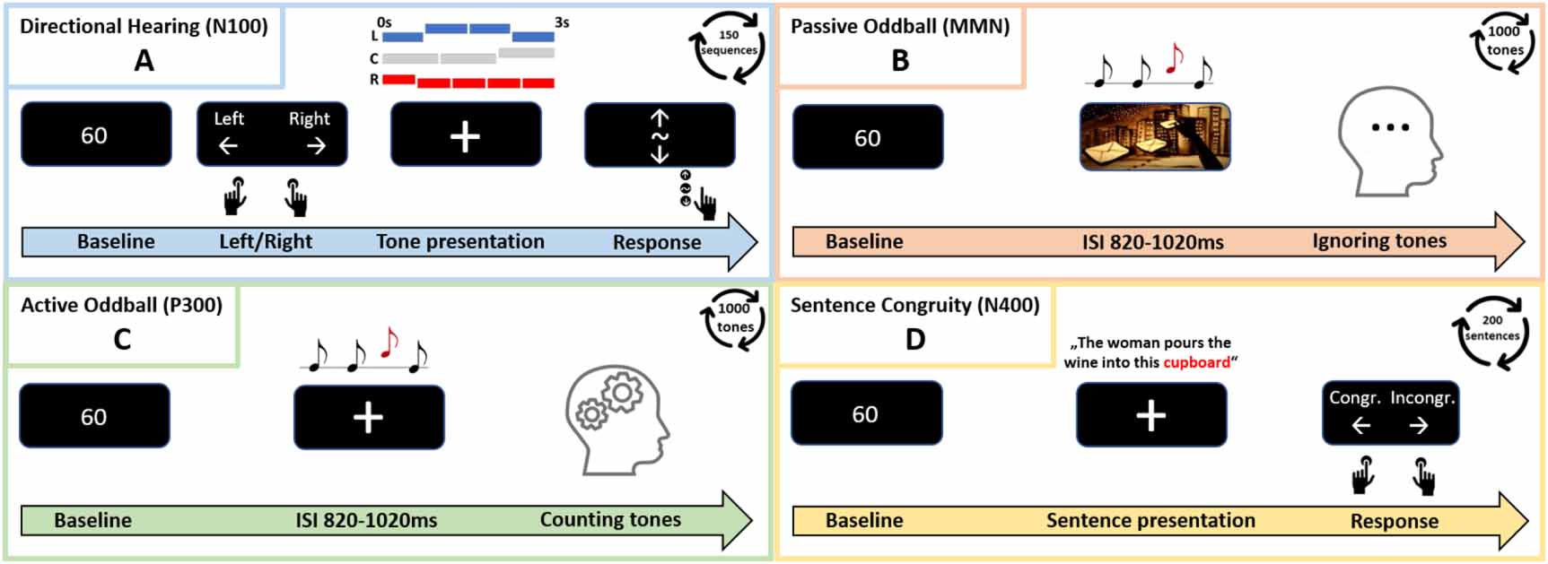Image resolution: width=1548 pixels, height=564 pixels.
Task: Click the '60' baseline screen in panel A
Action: point(96,134)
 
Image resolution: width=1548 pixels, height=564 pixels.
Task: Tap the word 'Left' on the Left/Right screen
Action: point(228,118)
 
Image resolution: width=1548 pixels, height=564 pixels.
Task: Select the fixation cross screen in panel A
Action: point(465,135)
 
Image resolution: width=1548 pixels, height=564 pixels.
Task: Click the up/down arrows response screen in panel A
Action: point(660,135)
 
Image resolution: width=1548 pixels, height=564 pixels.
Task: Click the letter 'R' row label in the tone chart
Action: point(374,80)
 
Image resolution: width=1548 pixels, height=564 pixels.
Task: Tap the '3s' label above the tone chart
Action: point(562,22)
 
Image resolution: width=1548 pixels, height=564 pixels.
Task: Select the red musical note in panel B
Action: point(1174,59)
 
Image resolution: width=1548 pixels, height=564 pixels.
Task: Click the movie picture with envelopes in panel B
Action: point(1154,136)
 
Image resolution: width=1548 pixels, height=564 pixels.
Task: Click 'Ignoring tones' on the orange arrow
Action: point(1379,240)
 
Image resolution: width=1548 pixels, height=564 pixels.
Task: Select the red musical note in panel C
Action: point(389,343)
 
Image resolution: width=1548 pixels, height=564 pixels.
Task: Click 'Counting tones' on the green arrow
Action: point(610,519)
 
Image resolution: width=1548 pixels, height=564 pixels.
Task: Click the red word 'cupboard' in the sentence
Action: point(1196,362)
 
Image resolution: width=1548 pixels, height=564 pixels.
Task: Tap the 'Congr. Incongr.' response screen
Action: point(1390,412)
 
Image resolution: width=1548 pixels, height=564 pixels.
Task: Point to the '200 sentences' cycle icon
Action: point(1491,330)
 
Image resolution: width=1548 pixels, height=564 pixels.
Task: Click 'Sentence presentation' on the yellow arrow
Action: point(1150,520)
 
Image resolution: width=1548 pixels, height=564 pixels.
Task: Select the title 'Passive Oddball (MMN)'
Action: point(899,27)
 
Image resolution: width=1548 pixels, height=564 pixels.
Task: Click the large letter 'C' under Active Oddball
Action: point(122,339)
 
